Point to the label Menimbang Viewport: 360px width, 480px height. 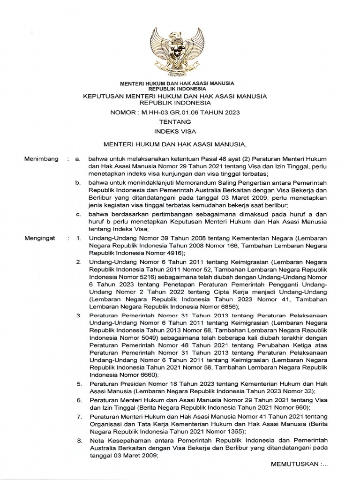coord(41,159)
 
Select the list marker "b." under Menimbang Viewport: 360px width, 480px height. coord(79,181)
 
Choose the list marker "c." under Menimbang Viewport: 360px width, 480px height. coord(79,214)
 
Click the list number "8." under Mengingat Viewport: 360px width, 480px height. coord(79,440)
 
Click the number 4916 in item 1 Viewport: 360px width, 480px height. coord(171,253)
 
